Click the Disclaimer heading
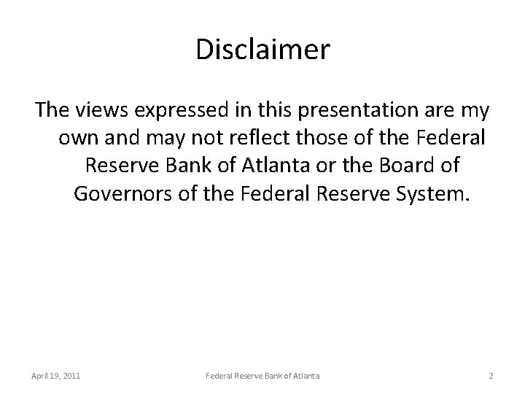262,51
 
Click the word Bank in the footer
273,376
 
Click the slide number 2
491,376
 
